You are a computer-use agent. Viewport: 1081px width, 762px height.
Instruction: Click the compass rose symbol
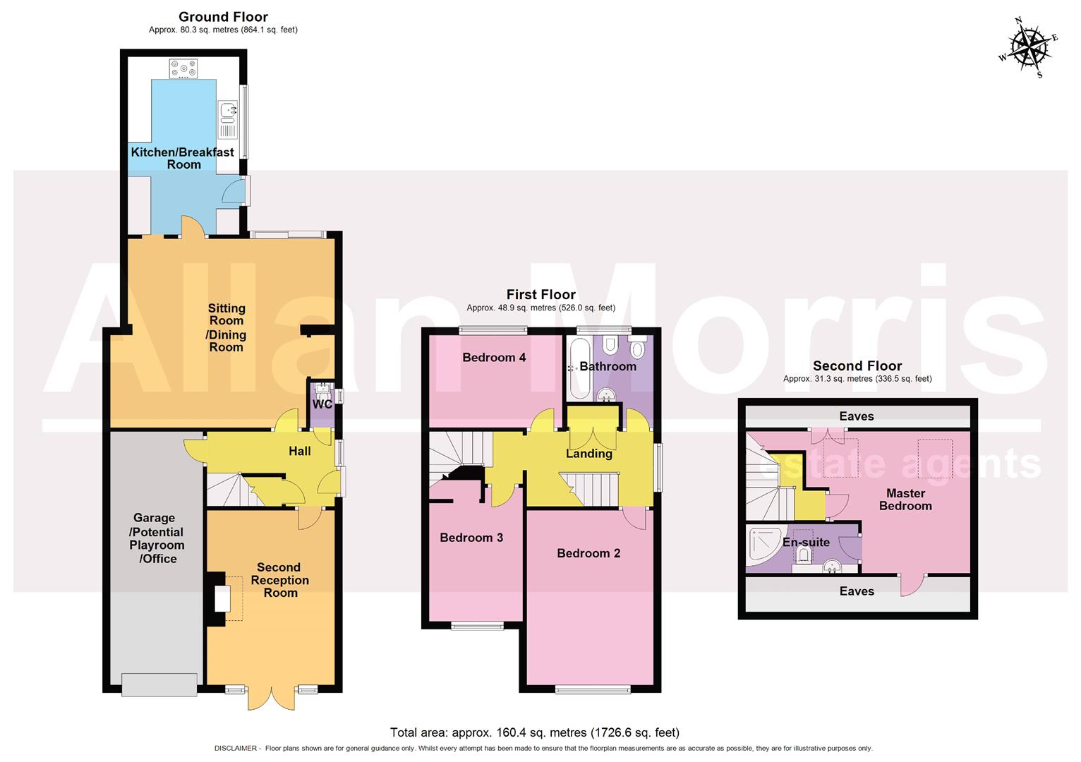(x=1028, y=47)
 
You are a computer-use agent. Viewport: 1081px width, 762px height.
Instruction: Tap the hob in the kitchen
(x=183, y=68)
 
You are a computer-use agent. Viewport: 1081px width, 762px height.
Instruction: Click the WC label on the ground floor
(x=322, y=404)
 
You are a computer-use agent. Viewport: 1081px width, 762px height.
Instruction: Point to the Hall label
(x=300, y=452)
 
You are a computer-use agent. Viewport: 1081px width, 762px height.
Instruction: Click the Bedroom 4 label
(x=494, y=358)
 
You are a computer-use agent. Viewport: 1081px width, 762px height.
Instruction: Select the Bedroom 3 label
(x=471, y=538)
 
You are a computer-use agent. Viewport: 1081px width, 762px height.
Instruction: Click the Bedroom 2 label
(x=588, y=553)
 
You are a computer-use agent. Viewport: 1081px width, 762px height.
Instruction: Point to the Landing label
(x=588, y=454)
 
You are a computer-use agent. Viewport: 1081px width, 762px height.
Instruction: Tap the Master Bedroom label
(x=905, y=500)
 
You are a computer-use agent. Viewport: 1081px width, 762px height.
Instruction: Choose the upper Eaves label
(x=857, y=416)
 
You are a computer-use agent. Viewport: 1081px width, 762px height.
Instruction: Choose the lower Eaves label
(x=857, y=591)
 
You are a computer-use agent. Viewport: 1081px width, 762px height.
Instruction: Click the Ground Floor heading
(x=223, y=17)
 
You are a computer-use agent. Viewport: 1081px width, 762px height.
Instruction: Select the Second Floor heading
(x=857, y=365)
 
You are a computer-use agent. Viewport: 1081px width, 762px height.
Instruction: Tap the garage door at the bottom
(x=159, y=685)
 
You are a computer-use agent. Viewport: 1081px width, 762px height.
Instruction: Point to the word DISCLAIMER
(x=236, y=749)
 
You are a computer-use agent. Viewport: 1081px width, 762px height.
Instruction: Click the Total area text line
(x=535, y=732)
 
